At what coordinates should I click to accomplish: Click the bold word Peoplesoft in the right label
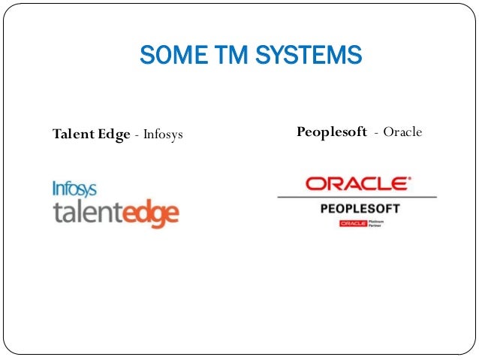click(x=332, y=133)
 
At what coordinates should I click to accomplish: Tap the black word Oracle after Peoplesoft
click(x=402, y=133)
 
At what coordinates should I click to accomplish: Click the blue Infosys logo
click(x=74, y=188)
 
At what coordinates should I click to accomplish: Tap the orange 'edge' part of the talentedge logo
click(x=152, y=213)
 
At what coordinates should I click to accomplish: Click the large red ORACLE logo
click(x=356, y=183)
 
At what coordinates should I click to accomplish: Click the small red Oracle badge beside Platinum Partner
click(x=351, y=223)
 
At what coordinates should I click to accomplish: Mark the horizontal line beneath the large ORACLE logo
click(x=357, y=197)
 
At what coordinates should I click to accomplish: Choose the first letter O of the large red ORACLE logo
click(x=314, y=183)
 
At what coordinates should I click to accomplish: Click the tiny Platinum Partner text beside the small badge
click(x=375, y=223)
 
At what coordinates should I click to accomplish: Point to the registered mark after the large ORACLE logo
click(x=409, y=179)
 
